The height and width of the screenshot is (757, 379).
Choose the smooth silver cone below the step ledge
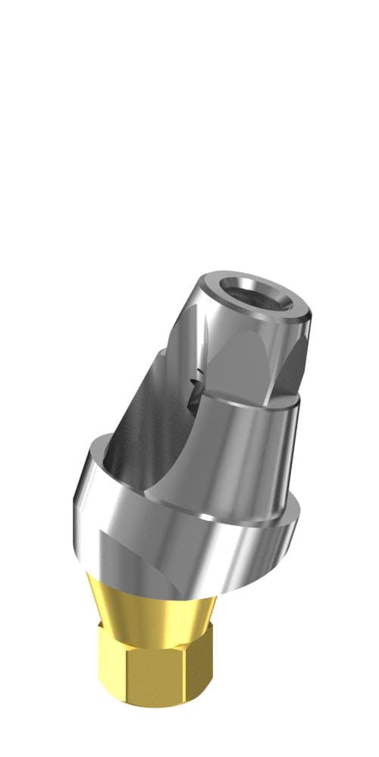pos(227,462)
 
